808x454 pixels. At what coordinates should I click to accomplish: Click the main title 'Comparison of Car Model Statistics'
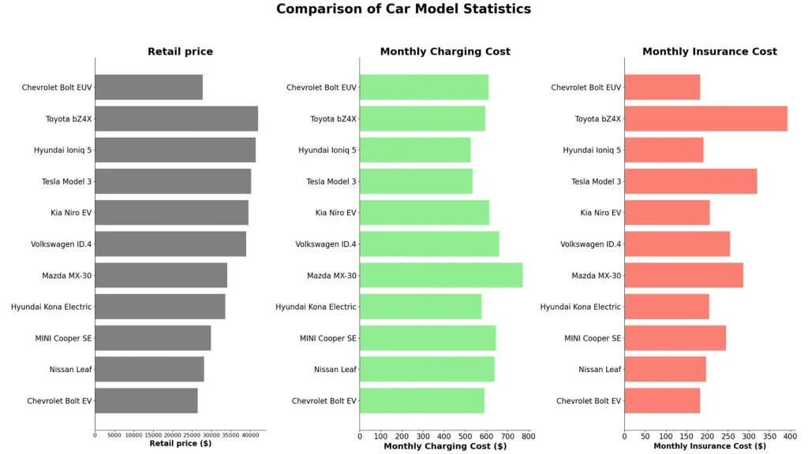(403, 9)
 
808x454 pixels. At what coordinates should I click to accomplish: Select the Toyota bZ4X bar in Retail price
(176, 118)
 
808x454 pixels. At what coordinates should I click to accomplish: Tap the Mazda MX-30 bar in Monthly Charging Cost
(440, 275)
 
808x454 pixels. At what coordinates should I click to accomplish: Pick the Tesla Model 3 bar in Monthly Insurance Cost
(690, 181)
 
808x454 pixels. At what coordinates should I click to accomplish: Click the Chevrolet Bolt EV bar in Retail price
(146, 400)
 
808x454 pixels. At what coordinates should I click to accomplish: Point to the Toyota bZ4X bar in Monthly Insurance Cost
(705, 118)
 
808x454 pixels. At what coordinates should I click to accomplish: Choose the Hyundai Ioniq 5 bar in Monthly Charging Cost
(415, 150)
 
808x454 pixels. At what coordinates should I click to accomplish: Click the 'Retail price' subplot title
(180, 52)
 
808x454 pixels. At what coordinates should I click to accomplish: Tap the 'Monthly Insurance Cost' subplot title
(709, 52)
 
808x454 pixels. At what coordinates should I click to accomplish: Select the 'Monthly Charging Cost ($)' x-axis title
(445, 446)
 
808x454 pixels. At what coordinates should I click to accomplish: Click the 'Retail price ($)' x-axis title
(180, 444)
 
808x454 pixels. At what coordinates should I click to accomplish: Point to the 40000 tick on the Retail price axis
(249, 435)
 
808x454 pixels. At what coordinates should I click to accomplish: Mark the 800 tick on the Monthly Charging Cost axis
(528, 436)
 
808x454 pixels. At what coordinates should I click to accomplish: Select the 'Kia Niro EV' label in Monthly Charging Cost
(335, 213)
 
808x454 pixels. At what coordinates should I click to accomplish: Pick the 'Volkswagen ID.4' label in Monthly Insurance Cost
(590, 244)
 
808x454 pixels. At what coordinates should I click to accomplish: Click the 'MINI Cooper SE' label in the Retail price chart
(63, 338)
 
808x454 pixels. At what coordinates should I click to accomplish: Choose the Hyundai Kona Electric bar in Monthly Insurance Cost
(666, 307)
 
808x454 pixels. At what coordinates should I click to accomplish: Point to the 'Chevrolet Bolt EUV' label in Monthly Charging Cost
(321, 87)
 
